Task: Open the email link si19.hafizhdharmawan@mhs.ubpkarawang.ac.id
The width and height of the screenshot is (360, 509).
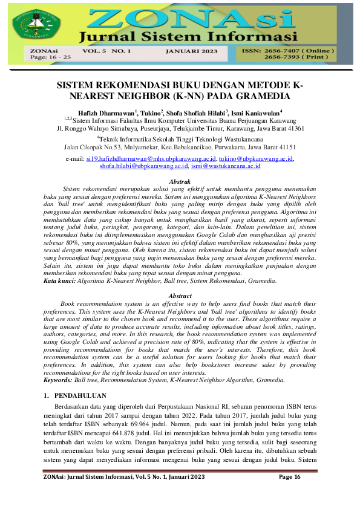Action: click(143, 158)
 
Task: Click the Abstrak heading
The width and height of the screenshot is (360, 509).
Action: click(180, 181)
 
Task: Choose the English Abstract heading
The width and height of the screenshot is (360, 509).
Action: click(180, 296)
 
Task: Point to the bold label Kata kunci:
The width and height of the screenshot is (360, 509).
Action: click(60, 281)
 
